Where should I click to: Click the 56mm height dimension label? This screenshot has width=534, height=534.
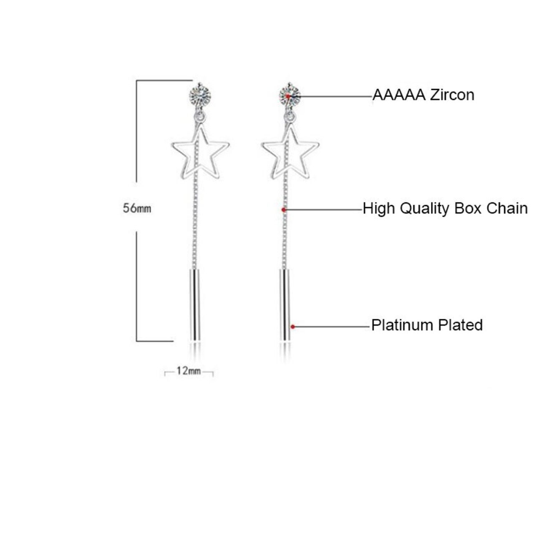click(137, 208)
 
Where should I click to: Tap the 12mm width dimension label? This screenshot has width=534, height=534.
click(189, 370)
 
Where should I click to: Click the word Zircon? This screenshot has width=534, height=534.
click(452, 95)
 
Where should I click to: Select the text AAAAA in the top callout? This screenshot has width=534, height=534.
click(399, 95)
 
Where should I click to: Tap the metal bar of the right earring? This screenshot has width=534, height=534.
click(285, 305)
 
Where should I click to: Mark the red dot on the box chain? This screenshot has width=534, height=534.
click(284, 209)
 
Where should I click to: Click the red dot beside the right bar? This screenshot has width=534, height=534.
click(293, 327)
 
